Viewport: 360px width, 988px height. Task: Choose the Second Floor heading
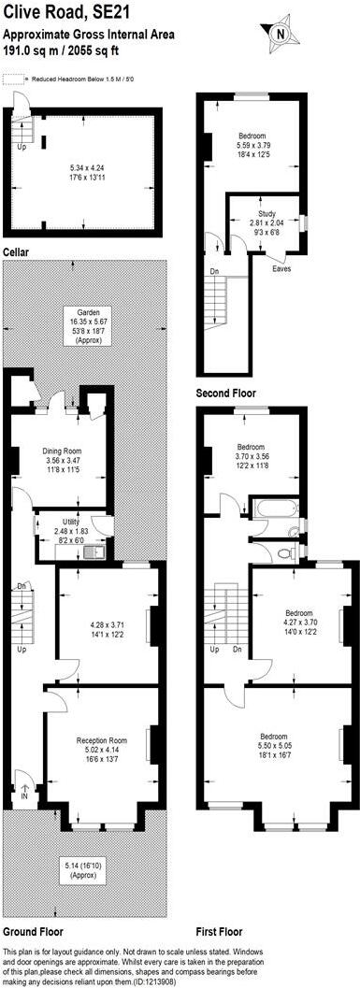(x=225, y=394)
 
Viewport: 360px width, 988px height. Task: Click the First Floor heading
(x=219, y=931)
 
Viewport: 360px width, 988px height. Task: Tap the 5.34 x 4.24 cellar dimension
(x=89, y=168)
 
